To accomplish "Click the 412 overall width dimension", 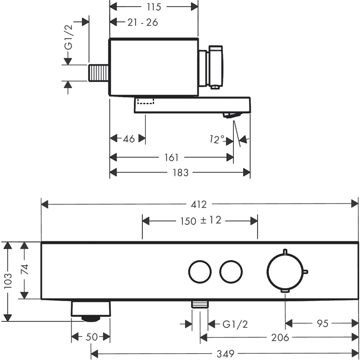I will click(x=199, y=205).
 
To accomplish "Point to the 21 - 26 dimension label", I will click(x=142, y=22).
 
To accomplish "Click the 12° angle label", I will click(x=217, y=139).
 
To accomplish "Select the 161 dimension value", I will click(x=171, y=158).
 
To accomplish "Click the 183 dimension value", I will click(x=180, y=172).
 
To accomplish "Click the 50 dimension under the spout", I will click(x=91, y=337).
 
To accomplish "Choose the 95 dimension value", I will click(x=322, y=324).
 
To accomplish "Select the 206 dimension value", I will click(x=280, y=338).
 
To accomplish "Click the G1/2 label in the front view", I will click(x=235, y=324).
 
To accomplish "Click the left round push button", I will click(x=200, y=271).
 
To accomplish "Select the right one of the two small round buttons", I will click(x=231, y=271).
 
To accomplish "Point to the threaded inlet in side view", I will click(x=99, y=73).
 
